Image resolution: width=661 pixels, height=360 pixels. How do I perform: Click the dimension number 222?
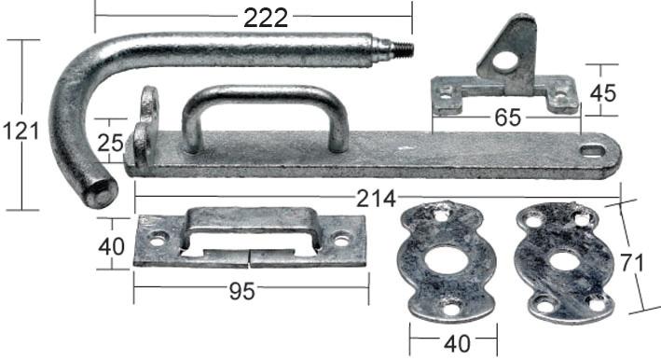[266, 18]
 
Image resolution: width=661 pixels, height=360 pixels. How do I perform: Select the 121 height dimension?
[21, 132]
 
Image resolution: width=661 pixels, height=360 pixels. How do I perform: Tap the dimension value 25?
[110, 143]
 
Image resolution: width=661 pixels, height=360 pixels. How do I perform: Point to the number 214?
[376, 199]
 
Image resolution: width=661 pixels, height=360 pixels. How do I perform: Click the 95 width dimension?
[242, 291]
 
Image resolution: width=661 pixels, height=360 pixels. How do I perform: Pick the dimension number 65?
[507, 118]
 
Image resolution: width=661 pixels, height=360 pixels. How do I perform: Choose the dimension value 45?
[603, 93]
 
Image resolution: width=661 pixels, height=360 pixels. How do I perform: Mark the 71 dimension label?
[632, 263]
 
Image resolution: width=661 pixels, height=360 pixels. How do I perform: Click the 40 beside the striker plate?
[111, 246]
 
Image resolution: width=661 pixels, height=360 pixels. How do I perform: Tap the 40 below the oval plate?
[457, 344]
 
